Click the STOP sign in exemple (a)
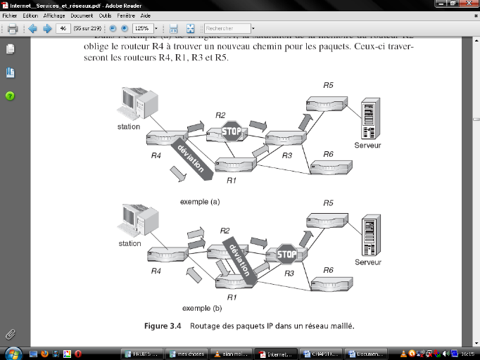[x=232, y=131]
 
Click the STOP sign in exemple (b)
[x=286, y=255]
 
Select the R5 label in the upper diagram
[x=328, y=85]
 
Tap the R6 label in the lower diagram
[x=328, y=270]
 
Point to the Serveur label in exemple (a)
[x=369, y=146]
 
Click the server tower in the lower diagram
[x=369, y=237]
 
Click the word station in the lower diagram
[x=130, y=244]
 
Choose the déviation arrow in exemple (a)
[x=189, y=160]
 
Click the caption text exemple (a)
[x=200, y=202]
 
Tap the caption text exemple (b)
[x=202, y=308]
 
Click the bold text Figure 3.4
[x=163, y=326]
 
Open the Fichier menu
[x=10, y=15]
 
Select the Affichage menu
[x=53, y=15]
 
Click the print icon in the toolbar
[x=12, y=29]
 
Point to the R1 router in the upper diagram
[x=234, y=166]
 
